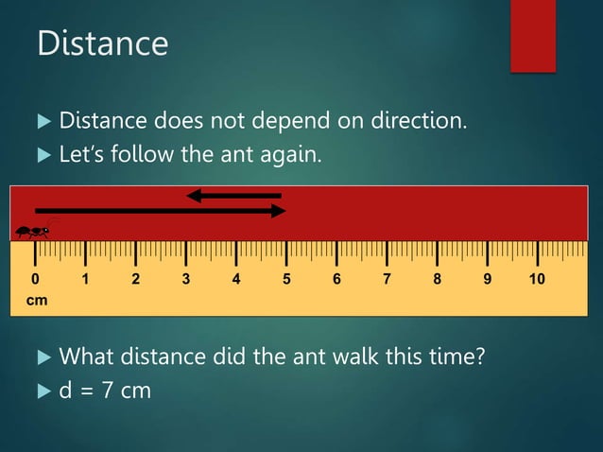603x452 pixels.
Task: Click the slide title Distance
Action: pyautogui.click(x=102, y=43)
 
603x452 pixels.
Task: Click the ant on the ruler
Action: pyautogui.click(x=34, y=230)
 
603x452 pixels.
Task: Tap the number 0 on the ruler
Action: pyautogui.click(x=35, y=279)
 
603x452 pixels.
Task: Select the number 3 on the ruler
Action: pyautogui.click(x=185, y=279)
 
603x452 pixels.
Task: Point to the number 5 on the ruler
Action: pyautogui.click(x=286, y=279)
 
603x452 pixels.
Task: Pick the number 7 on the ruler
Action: pyautogui.click(x=387, y=279)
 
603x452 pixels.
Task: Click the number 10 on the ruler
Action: pyautogui.click(x=537, y=279)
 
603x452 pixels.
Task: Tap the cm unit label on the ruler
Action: pyautogui.click(x=36, y=300)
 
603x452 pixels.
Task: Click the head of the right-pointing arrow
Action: pyautogui.click(x=278, y=211)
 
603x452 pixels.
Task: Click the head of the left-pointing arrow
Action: pyautogui.click(x=194, y=196)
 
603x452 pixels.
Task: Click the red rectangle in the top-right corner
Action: pyautogui.click(x=532, y=35)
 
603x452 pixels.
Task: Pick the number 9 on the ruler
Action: pyautogui.click(x=487, y=279)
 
